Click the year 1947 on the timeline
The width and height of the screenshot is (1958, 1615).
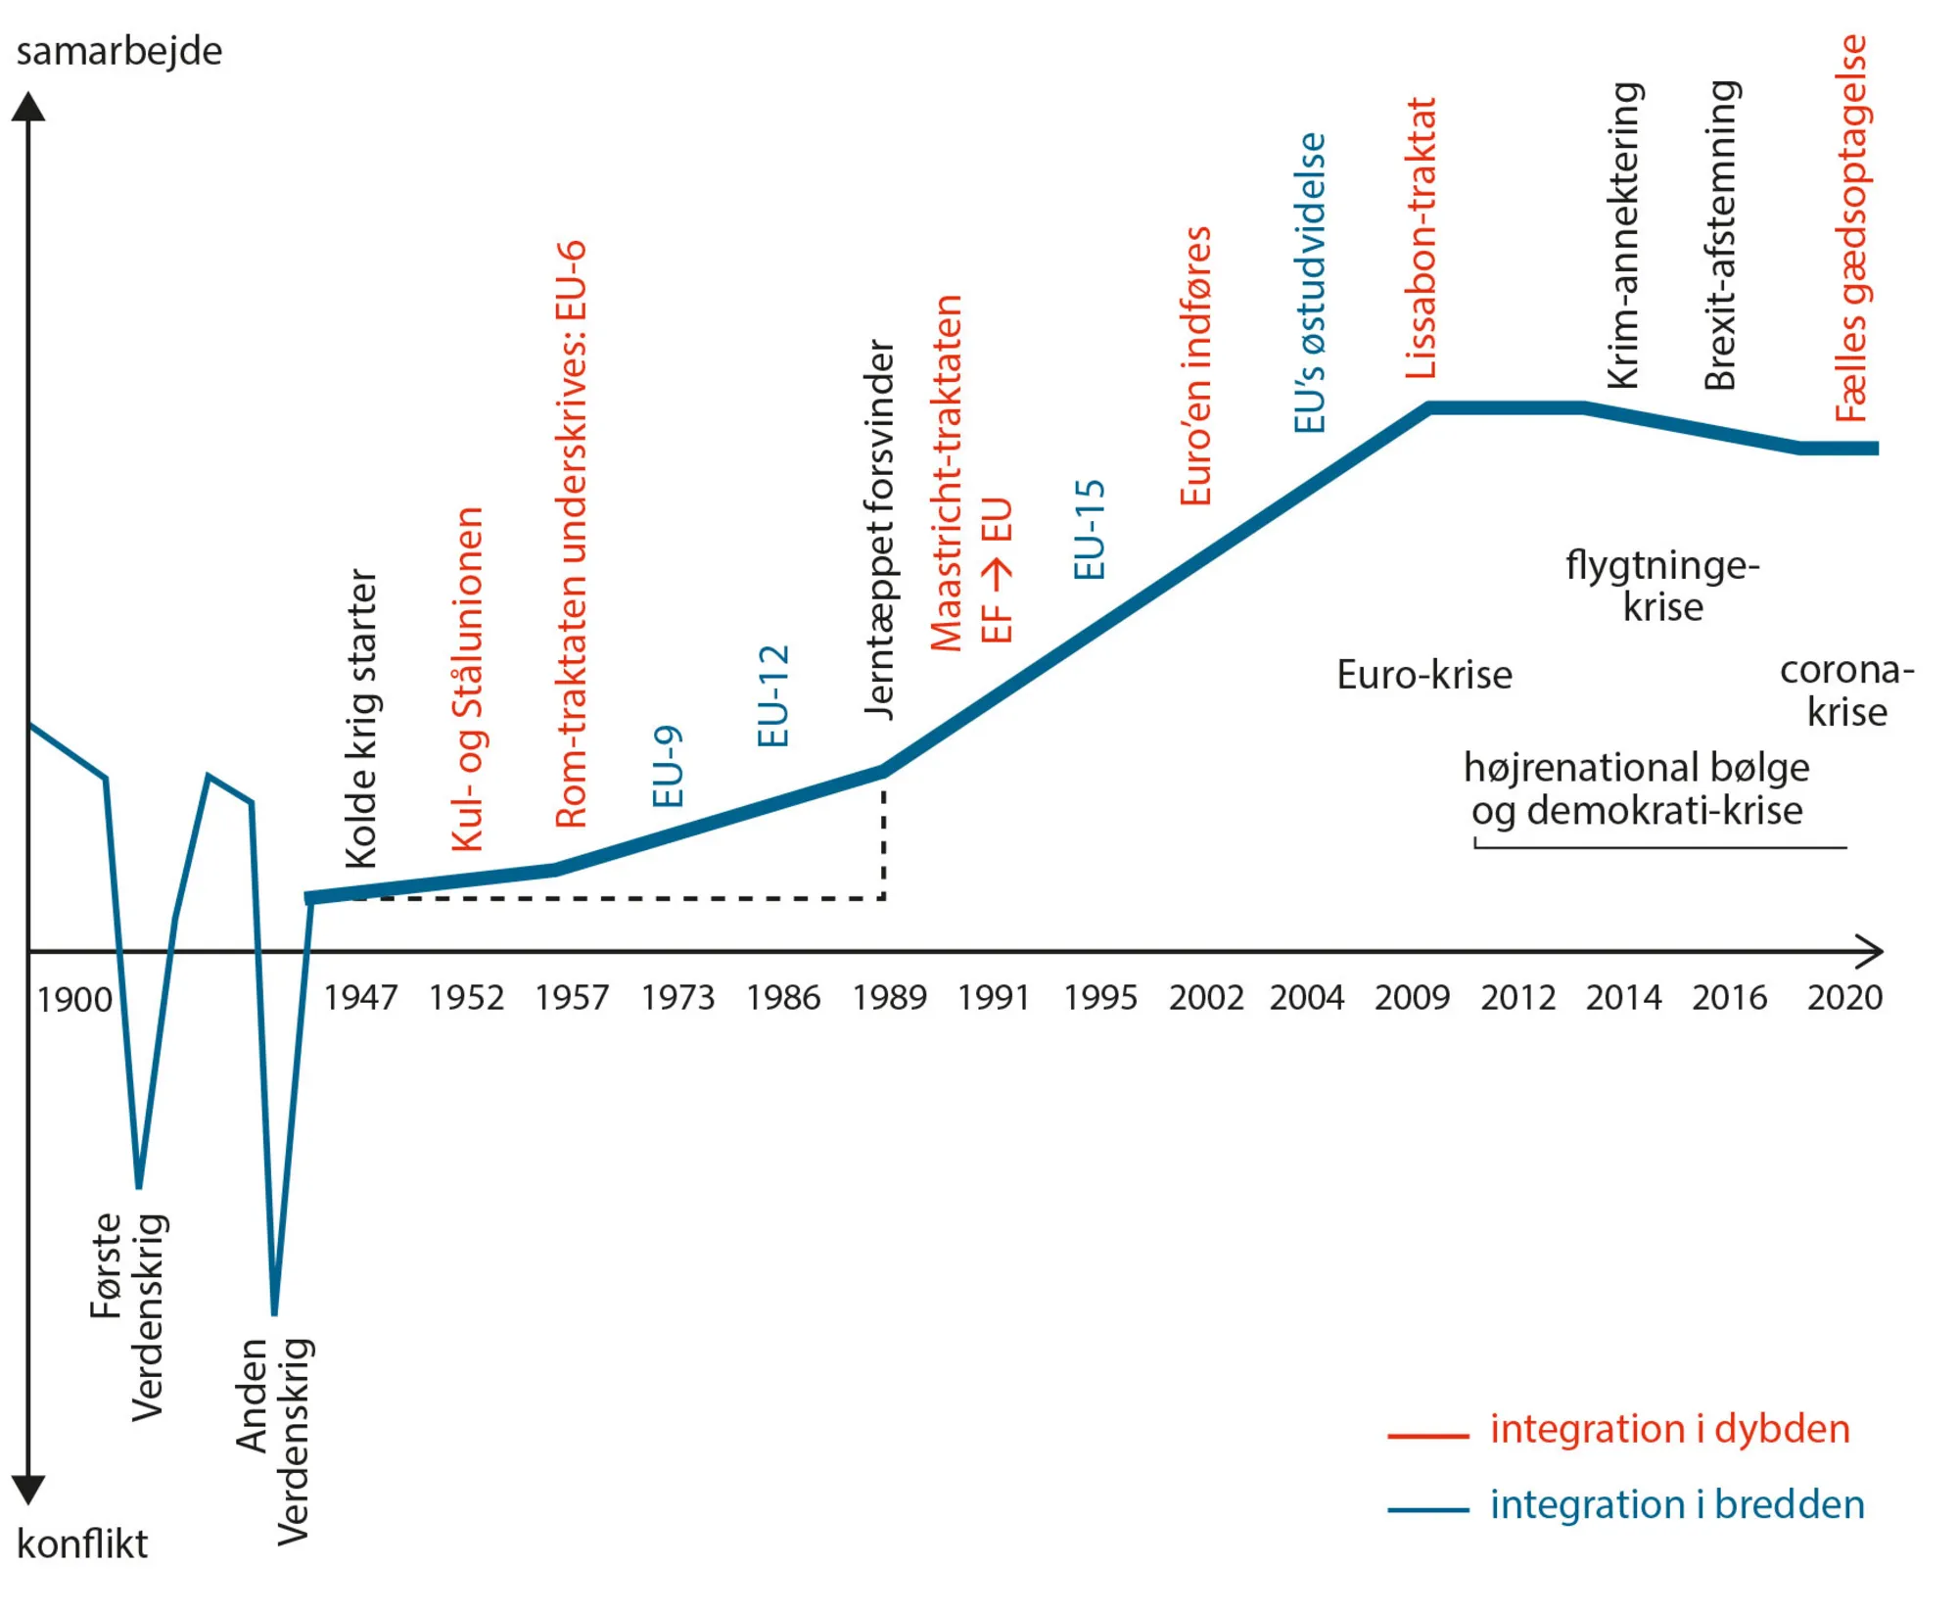tap(360, 997)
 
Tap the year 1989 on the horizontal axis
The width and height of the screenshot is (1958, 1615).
tap(889, 997)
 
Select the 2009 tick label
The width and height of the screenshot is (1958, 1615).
tap(1412, 997)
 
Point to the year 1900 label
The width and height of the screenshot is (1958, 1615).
tap(74, 1000)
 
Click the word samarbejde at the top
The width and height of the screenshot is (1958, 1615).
tap(118, 51)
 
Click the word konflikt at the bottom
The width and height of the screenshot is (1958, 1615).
tap(82, 1544)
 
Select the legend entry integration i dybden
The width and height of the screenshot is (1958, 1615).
tap(1669, 1429)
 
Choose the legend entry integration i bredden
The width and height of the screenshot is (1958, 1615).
tap(1676, 1504)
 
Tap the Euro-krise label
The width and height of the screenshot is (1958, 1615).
tap(1423, 675)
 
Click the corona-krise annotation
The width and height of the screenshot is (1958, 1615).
tap(1846, 690)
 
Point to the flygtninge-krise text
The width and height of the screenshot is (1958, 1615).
tap(1662, 586)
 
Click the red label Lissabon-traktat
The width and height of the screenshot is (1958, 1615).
tap(1421, 238)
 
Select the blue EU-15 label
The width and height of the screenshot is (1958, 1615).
tap(1090, 530)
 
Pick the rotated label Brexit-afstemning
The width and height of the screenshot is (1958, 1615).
tap(1720, 235)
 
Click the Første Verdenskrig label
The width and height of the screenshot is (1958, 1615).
tap(127, 1315)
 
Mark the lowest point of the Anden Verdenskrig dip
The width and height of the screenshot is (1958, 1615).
tap(274, 1312)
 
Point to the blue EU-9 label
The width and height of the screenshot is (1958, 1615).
tap(668, 767)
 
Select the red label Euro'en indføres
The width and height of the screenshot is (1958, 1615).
tap(1195, 365)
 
